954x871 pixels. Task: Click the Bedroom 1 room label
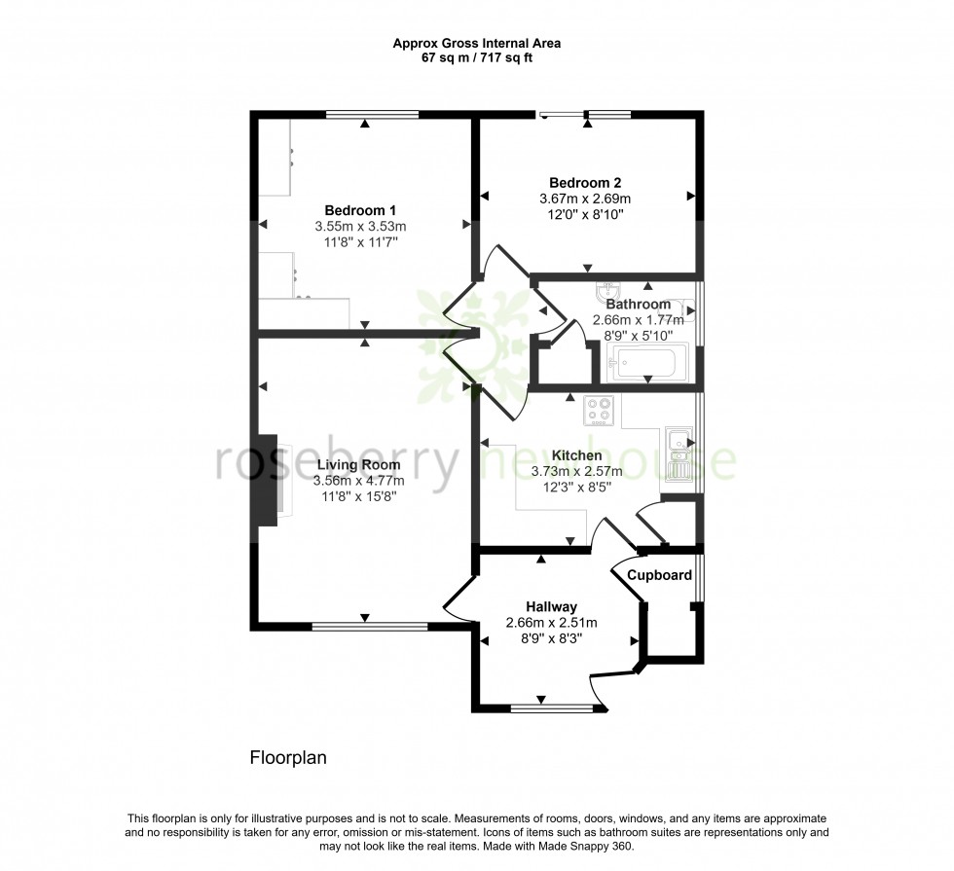(360, 210)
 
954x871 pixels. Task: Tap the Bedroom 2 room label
(585, 183)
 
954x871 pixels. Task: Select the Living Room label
(357, 465)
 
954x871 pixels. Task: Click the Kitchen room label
(576, 455)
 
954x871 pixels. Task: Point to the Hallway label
(551, 607)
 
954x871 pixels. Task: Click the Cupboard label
(659, 575)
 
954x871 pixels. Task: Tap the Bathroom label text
(639, 305)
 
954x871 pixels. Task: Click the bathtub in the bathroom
(646, 363)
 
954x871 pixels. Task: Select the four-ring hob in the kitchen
(598, 411)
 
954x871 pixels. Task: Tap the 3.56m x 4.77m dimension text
(358, 481)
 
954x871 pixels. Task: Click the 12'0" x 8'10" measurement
(585, 214)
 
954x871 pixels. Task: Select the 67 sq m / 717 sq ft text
(476, 57)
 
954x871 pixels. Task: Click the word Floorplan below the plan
(288, 756)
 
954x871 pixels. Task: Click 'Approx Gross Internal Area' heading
(476, 43)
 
